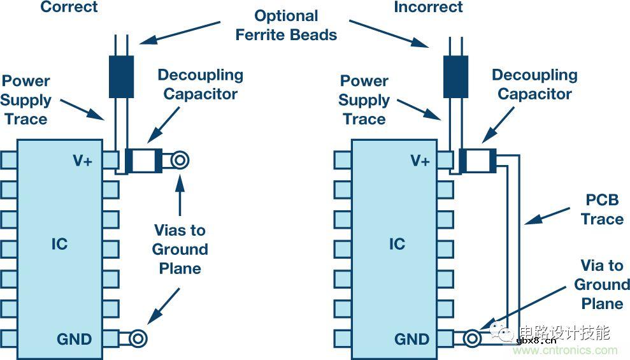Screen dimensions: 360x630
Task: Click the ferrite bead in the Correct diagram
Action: click(x=120, y=77)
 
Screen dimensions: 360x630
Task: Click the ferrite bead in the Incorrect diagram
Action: click(x=455, y=77)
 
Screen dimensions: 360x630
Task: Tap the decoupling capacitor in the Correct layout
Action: click(x=144, y=161)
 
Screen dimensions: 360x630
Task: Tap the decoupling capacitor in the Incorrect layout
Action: click(x=478, y=161)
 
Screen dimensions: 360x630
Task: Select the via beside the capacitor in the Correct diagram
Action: click(x=180, y=161)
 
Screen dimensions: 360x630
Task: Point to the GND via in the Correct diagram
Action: click(x=138, y=339)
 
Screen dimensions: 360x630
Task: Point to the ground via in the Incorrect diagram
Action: click(x=472, y=339)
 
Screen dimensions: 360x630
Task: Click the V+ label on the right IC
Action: click(x=420, y=161)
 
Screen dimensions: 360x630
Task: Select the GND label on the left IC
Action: click(x=74, y=339)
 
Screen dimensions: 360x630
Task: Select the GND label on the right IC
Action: click(x=412, y=339)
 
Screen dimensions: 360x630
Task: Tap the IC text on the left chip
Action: click(x=59, y=244)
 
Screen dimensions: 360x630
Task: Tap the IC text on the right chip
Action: click(x=396, y=244)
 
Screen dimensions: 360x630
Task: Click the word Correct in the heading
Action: click(x=69, y=8)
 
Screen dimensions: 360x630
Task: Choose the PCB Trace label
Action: click(x=602, y=210)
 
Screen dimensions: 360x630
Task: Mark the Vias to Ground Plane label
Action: click(x=180, y=249)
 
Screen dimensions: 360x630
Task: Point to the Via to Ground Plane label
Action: click(x=602, y=284)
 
